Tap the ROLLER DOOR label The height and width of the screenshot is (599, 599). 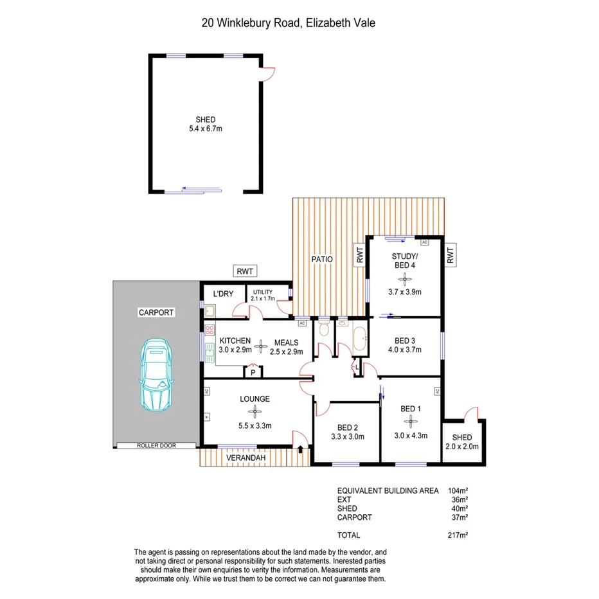pyautogui.click(x=156, y=445)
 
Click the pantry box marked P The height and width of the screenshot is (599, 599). pyautogui.click(x=253, y=372)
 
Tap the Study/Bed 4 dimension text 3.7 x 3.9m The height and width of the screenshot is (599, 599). pyautogui.click(x=404, y=292)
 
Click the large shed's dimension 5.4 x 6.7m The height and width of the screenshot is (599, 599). pyautogui.click(x=206, y=129)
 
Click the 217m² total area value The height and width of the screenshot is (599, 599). pyautogui.click(x=457, y=535)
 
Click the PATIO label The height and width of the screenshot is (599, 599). pyautogui.click(x=322, y=260)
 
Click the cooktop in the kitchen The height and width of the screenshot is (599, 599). pyautogui.click(x=209, y=332)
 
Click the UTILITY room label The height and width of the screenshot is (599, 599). pyautogui.click(x=263, y=292)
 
